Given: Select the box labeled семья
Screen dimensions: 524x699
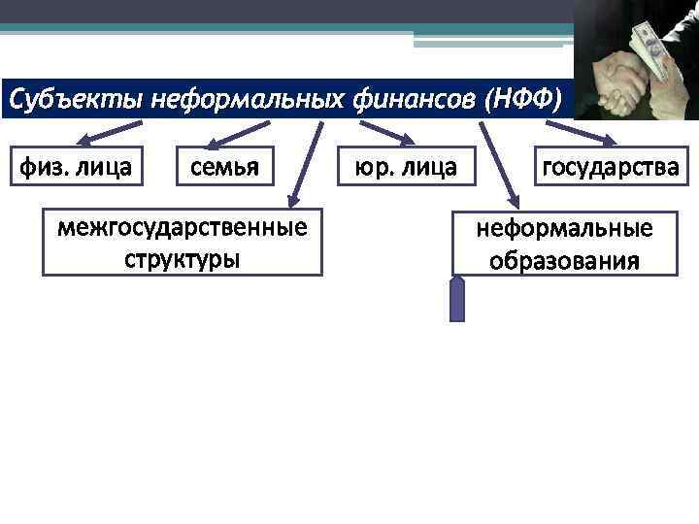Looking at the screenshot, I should point(224,167).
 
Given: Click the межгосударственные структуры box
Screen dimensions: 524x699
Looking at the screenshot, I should point(183,244).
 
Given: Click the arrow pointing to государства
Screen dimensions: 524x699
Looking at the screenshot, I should point(609,134).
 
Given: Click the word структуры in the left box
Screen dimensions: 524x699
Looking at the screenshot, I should point(183,260).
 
